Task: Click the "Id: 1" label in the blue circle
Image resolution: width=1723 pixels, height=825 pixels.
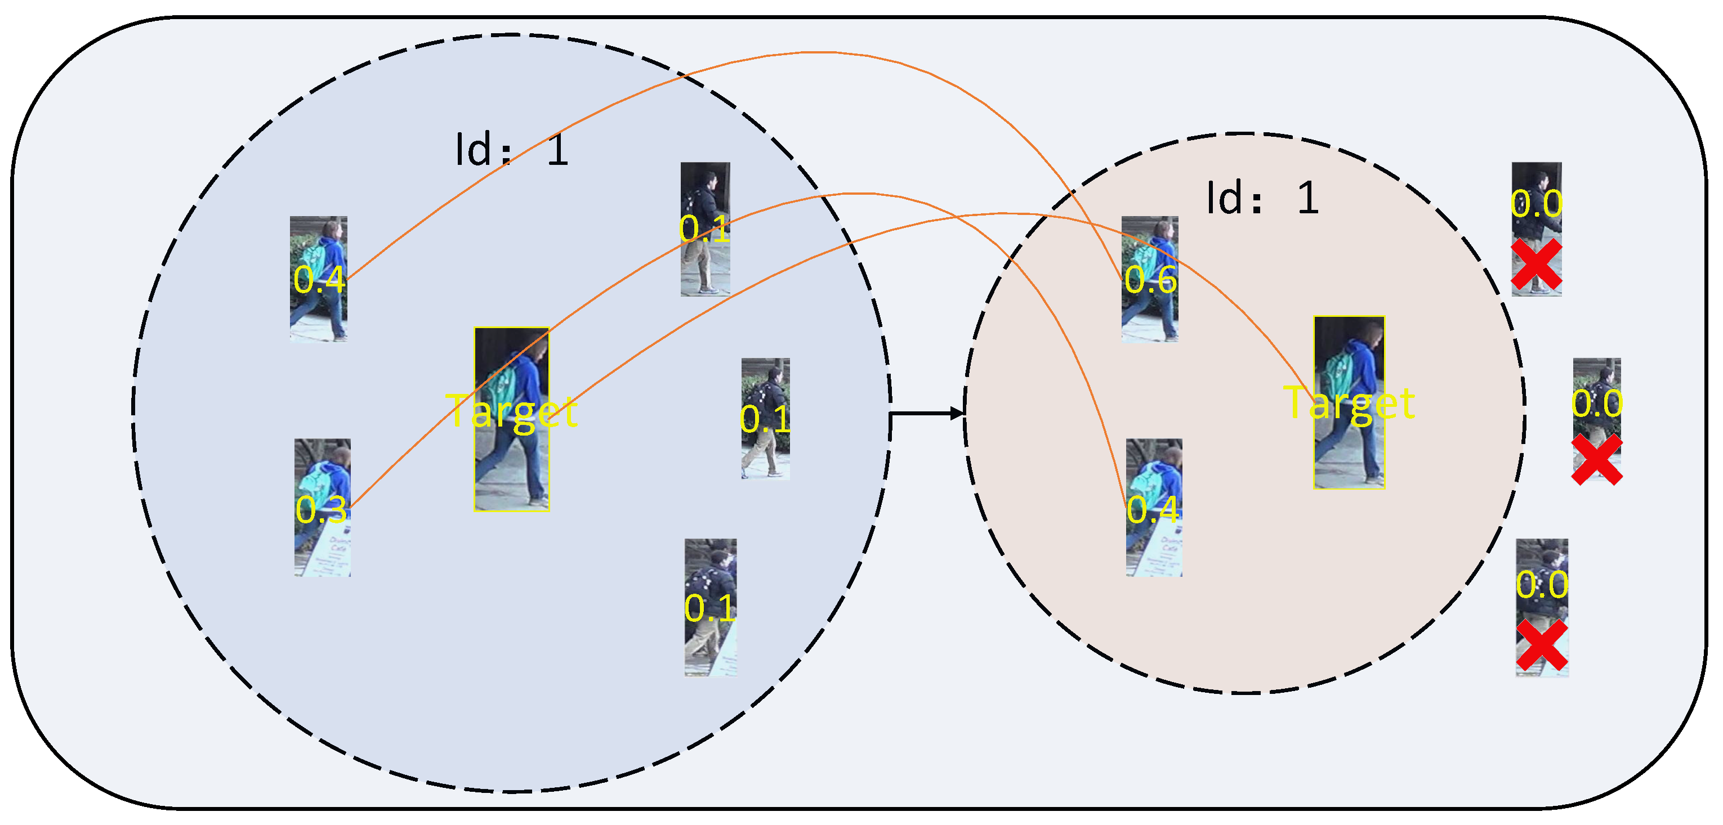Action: tap(512, 149)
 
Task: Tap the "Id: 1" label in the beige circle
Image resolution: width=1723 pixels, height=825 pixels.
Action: tap(1262, 199)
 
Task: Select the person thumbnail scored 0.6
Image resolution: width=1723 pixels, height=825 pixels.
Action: tap(1150, 279)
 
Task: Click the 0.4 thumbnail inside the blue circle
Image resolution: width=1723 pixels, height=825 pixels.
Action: tap(318, 278)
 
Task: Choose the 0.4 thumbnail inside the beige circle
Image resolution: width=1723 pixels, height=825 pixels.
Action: tap(1154, 508)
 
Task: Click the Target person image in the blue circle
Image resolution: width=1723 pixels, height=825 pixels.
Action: tap(512, 419)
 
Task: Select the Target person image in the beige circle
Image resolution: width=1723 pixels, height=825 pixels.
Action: tap(1349, 402)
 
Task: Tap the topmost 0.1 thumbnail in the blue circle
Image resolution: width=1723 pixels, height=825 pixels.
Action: tap(705, 228)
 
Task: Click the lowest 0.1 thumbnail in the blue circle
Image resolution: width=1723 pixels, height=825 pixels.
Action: tap(711, 607)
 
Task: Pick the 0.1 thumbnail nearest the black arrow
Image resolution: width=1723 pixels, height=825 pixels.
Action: tap(765, 419)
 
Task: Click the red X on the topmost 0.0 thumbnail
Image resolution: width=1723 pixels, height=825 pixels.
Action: tap(1537, 264)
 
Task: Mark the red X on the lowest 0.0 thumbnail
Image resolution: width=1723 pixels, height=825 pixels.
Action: tap(1542, 644)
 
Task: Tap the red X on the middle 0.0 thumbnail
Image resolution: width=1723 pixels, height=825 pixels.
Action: tap(1596, 459)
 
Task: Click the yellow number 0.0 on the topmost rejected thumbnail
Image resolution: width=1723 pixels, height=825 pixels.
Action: tap(1537, 203)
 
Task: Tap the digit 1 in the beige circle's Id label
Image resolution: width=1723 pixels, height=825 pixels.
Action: tap(1307, 199)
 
